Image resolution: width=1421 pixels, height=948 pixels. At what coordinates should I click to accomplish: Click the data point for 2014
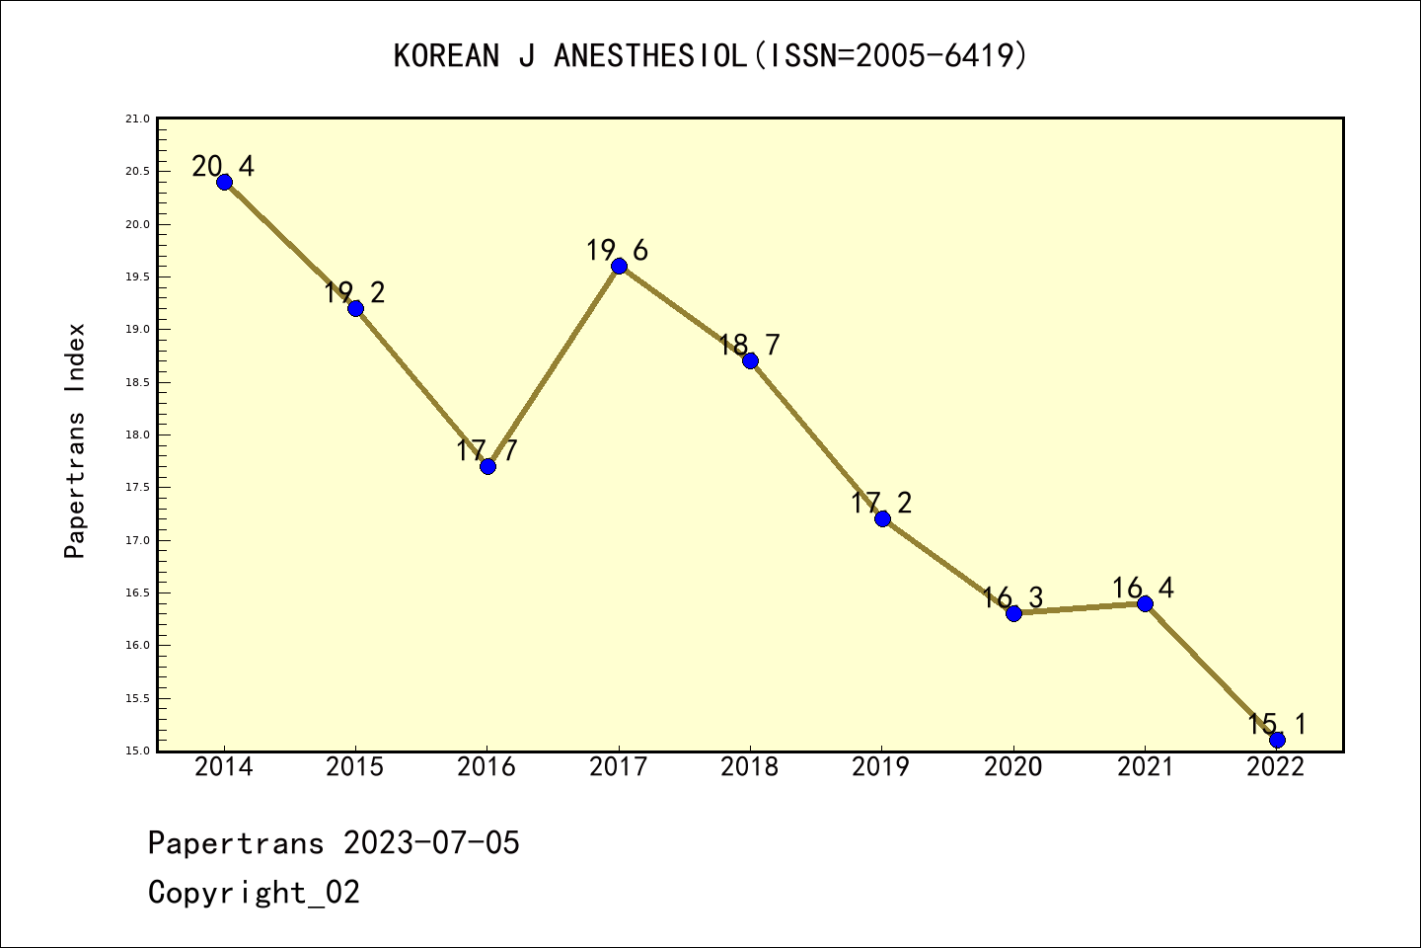click(224, 182)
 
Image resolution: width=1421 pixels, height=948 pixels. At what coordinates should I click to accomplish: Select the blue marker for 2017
click(619, 266)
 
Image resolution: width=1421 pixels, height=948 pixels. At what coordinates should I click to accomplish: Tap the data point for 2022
click(1277, 740)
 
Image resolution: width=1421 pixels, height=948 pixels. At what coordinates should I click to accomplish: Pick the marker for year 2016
click(487, 466)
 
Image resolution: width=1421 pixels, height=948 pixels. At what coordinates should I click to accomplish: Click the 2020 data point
click(1013, 613)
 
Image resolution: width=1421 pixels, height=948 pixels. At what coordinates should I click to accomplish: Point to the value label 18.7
click(749, 345)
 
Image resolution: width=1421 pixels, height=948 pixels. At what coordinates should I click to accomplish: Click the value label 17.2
click(881, 503)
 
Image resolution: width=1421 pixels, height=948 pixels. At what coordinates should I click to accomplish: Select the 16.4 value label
click(1143, 589)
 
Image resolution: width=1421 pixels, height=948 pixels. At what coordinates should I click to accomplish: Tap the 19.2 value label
click(354, 292)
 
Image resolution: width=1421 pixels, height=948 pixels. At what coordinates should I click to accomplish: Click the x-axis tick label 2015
click(355, 767)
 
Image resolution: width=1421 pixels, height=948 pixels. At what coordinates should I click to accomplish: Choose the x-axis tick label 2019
click(881, 767)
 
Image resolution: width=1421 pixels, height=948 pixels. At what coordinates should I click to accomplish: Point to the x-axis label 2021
click(1145, 767)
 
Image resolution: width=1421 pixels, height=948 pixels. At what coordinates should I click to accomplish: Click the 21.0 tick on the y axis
click(137, 119)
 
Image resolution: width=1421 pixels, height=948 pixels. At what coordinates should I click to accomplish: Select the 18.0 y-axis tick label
click(137, 435)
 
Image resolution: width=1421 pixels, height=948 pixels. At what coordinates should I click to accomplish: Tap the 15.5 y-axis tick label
click(137, 698)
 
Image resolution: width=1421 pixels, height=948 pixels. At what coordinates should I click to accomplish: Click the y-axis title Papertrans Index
click(76, 440)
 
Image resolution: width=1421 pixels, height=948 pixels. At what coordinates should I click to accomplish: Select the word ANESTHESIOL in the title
click(650, 56)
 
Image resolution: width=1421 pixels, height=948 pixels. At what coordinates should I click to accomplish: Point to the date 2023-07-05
click(431, 843)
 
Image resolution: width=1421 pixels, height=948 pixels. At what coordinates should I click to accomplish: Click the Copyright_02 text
click(254, 893)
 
